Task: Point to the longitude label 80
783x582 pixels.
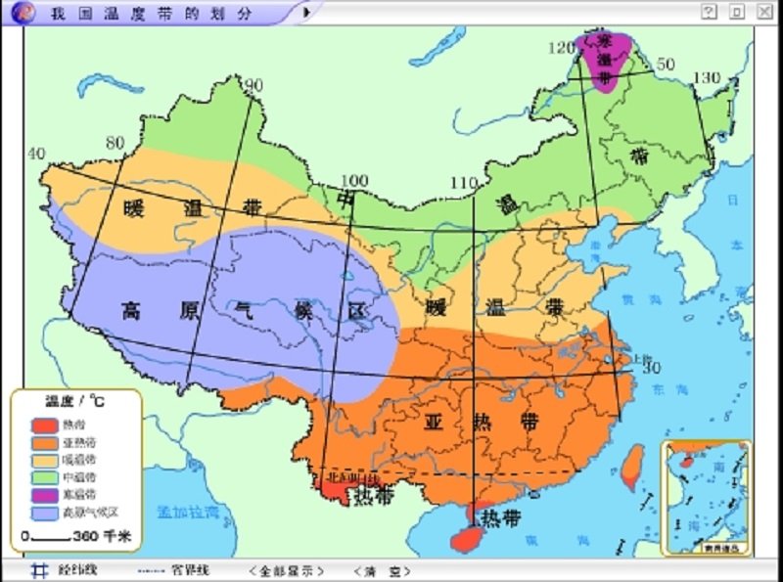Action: pos(115,144)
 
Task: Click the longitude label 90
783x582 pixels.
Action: pos(254,86)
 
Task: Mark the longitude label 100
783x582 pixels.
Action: pos(354,180)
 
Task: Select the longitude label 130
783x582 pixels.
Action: pos(707,77)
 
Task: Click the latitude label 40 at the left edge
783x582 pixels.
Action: pos(36,154)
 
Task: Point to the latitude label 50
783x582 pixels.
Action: pos(666,64)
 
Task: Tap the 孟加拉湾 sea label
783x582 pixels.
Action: pos(189,512)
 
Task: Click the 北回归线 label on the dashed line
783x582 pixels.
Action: pos(349,477)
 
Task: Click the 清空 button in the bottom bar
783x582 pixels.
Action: pos(381,570)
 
